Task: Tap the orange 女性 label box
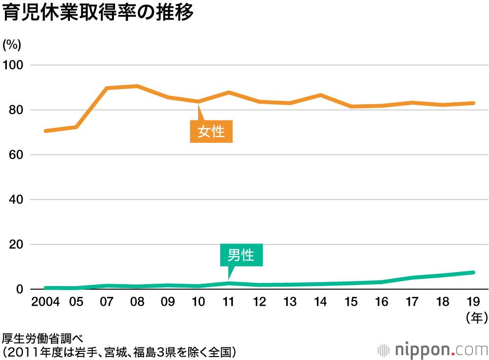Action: [x=211, y=132]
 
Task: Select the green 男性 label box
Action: [x=241, y=255]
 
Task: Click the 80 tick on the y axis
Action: [x=15, y=110]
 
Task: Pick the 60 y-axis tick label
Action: [x=15, y=155]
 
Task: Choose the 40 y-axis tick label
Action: [x=15, y=200]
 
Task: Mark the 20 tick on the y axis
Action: [x=15, y=245]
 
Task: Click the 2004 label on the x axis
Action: [x=45, y=302]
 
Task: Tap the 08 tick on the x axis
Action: [x=137, y=302]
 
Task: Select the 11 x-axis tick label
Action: [x=229, y=302]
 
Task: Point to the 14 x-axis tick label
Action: [x=320, y=302]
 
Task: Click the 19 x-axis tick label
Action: [x=473, y=302]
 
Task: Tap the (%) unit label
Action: [x=12, y=45]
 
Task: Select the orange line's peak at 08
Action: [x=137, y=86]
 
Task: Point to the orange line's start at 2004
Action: [x=45, y=131]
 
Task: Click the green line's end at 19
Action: [x=473, y=272]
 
